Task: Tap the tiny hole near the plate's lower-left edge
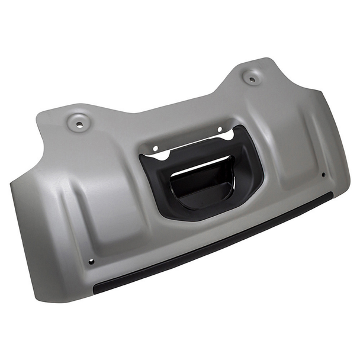(x=91, y=261)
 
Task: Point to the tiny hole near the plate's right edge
(x=323, y=175)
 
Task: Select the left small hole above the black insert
(x=155, y=149)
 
